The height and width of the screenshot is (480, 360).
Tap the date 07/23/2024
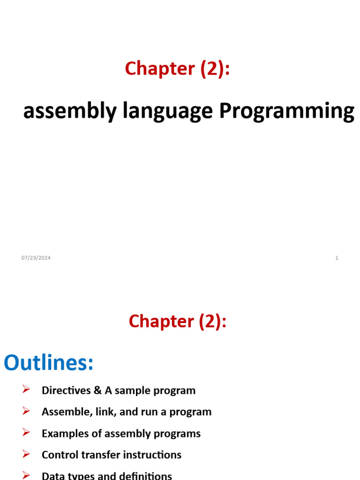point(36,258)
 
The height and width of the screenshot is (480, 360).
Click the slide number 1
point(337,258)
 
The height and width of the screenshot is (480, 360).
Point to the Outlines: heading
point(49,363)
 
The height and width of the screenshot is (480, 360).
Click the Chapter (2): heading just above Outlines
point(178,321)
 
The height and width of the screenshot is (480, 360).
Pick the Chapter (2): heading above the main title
point(178,68)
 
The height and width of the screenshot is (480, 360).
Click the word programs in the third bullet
point(181,434)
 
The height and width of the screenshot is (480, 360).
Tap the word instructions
point(153,455)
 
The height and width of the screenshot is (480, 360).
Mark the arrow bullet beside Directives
point(26,390)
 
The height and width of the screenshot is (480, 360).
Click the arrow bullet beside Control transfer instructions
point(26,454)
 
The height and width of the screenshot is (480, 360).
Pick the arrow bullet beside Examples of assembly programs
point(26,433)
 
